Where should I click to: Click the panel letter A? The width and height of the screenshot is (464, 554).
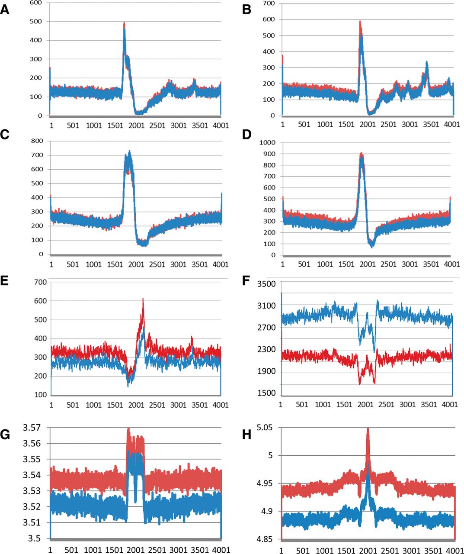pyautogui.click(x=5, y=10)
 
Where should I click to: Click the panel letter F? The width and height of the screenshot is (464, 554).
pyautogui.click(x=246, y=281)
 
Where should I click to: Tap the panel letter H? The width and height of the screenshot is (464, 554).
pyautogui.click(x=246, y=435)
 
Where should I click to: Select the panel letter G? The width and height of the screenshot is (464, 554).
pyautogui.click(x=5, y=435)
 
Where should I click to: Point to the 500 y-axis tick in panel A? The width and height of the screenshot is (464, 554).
pyautogui.click(x=36, y=21)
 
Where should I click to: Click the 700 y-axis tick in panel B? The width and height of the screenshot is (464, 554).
pyautogui.click(x=269, y=3)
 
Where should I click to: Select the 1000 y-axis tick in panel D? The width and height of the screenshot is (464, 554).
pyautogui.click(x=267, y=142)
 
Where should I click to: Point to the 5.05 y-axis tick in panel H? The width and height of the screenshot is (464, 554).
pyautogui.click(x=264, y=428)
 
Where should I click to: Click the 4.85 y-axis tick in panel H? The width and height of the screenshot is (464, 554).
pyautogui.click(x=264, y=539)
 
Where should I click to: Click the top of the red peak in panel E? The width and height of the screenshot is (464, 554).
pyautogui.click(x=143, y=299)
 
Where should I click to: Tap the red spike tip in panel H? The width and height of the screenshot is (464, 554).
pyautogui.click(x=368, y=428)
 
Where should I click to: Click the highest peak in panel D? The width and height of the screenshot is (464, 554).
pyautogui.click(x=362, y=153)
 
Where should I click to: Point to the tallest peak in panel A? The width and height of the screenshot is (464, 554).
pyautogui.click(x=124, y=23)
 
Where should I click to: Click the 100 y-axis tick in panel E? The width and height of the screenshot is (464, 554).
pyautogui.click(x=40, y=395)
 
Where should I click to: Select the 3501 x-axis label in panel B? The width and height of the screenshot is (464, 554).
pyautogui.click(x=431, y=125)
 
